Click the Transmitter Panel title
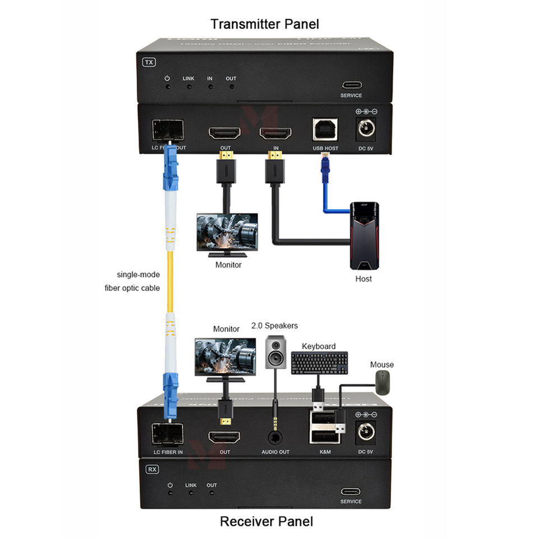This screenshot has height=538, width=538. (x=265, y=24)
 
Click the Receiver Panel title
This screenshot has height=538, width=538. (x=266, y=521)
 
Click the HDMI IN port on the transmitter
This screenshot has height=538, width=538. (x=275, y=134)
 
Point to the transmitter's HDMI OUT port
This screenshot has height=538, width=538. (x=225, y=134)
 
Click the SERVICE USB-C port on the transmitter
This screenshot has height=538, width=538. (x=351, y=85)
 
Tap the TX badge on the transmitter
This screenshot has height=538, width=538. (x=149, y=62)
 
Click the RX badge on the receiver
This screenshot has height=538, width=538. (x=152, y=469)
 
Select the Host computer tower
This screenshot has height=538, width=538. (x=364, y=236)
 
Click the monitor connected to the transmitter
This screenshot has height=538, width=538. (x=227, y=233)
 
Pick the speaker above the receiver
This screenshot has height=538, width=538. (x=276, y=353)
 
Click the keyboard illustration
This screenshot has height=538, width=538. (x=319, y=363)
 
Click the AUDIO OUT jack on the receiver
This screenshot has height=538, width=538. (x=276, y=437)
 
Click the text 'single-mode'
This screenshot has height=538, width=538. (x=138, y=275)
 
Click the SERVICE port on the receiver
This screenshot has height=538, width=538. (x=351, y=491)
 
